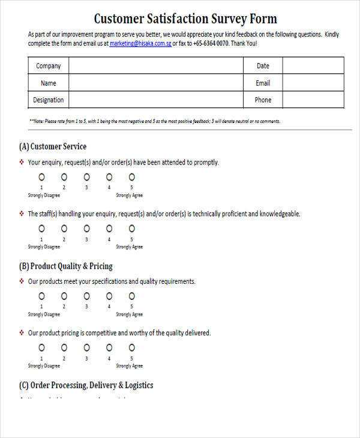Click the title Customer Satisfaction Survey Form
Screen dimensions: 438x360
[x=185, y=19]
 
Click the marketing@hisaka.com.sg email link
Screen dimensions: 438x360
[x=140, y=43]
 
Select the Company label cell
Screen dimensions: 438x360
[x=49, y=66]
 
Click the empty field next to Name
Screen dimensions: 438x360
[x=155, y=83]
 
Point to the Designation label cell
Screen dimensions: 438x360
[x=49, y=100]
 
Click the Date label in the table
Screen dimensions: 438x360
[x=263, y=66]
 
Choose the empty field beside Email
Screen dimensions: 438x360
[x=313, y=83]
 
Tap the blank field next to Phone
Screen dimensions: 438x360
[x=313, y=100]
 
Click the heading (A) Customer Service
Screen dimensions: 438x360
[x=53, y=146]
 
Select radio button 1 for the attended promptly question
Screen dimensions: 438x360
[x=41, y=177]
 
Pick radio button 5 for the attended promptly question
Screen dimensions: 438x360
[x=131, y=177]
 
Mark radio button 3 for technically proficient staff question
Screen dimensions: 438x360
[x=86, y=229]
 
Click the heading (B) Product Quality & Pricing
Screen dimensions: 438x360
[x=66, y=266]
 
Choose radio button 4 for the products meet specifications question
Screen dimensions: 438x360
[x=109, y=296]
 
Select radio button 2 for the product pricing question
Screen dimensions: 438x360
[x=64, y=347]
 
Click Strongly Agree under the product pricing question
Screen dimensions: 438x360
[x=129, y=365]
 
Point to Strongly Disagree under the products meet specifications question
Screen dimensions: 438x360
[x=44, y=314]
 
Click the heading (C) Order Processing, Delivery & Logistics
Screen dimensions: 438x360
[x=86, y=385]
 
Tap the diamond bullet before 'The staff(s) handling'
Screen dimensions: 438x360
[x=22, y=214]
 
